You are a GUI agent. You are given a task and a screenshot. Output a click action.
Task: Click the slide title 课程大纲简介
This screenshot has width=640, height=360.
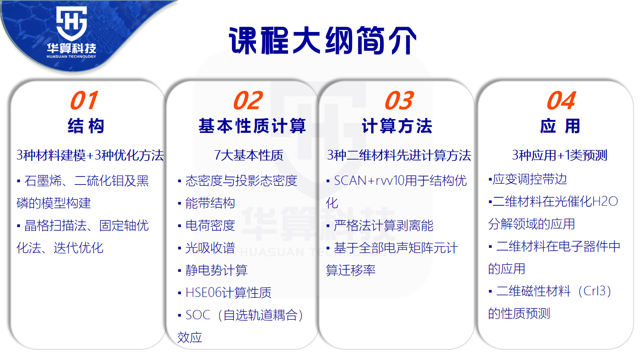(323, 40)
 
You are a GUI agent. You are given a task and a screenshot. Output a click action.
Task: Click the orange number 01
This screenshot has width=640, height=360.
(84, 100)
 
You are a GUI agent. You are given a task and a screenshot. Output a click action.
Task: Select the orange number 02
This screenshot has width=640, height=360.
(248, 100)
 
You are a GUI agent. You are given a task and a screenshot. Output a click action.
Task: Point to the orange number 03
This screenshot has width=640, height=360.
(399, 100)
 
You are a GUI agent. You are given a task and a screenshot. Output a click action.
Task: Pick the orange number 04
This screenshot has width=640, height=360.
(561, 100)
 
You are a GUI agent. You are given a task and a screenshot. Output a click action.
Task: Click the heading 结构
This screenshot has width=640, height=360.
(86, 126)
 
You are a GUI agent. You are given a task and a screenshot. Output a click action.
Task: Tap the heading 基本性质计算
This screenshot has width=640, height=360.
(252, 126)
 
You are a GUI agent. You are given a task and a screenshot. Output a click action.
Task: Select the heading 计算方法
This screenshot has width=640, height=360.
(397, 126)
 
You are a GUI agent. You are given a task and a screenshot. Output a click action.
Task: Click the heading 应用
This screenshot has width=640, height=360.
(560, 126)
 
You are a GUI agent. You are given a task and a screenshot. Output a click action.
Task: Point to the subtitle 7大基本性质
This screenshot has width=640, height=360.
(248, 156)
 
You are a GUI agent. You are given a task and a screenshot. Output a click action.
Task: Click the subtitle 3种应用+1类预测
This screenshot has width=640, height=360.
(560, 156)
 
